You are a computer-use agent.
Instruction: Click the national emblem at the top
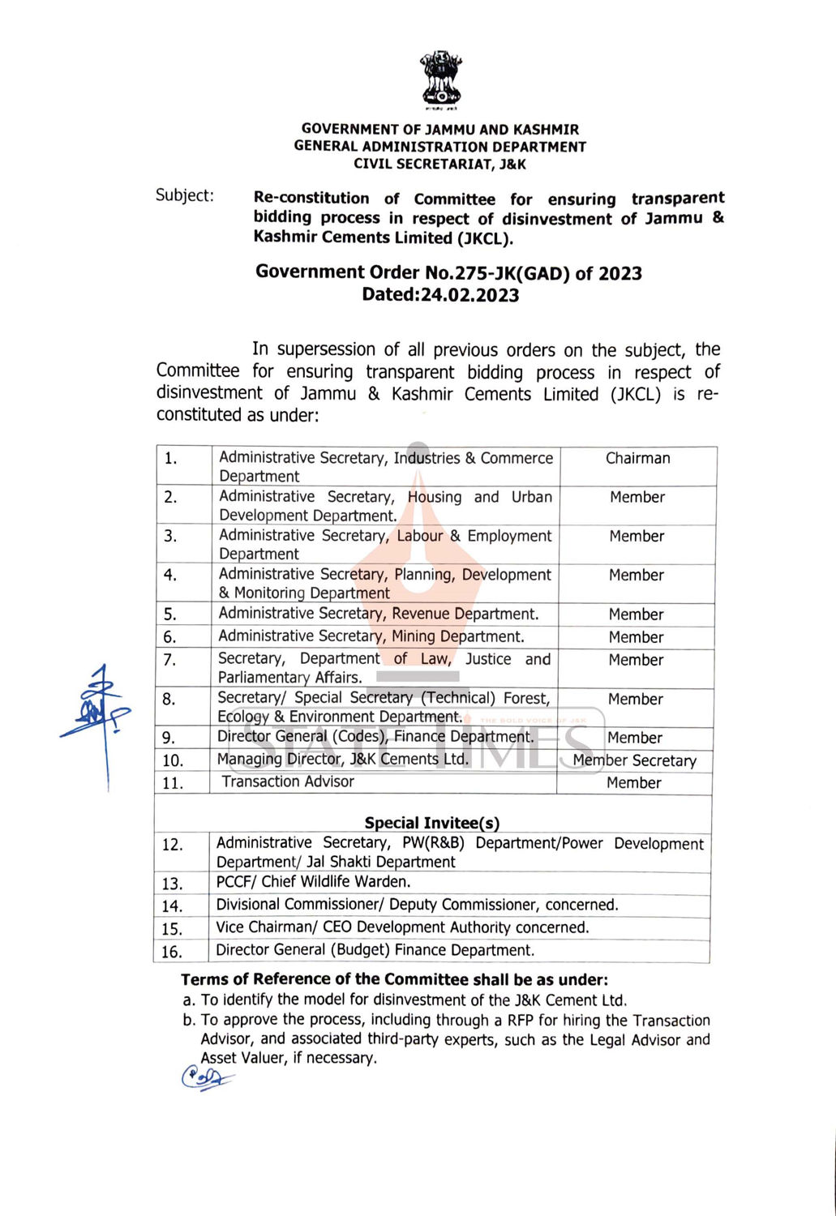pyautogui.click(x=440, y=79)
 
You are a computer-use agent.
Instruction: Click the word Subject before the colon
pyautogui.click(x=182, y=195)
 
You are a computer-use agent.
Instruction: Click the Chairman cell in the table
pyautogui.click(x=637, y=458)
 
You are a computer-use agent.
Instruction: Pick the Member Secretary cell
pyautogui.click(x=634, y=760)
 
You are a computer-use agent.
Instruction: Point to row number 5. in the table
pyautogui.click(x=169, y=614)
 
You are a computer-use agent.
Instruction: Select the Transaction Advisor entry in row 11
pyautogui.click(x=288, y=781)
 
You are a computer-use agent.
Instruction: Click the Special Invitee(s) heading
pyautogui.click(x=431, y=823)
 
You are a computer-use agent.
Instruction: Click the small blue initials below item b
pyautogui.click(x=205, y=1078)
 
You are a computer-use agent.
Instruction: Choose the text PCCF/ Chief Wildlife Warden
pyautogui.click(x=313, y=882)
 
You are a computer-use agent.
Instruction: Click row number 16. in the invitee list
pyautogui.click(x=171, y=951)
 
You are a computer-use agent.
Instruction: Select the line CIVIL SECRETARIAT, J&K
pyautogui.click(x=439, y=165)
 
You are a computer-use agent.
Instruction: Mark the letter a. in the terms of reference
pyautogui.click(x=189, y=1000)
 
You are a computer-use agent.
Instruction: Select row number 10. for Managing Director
pyautogui.click(x=173, y=760)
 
